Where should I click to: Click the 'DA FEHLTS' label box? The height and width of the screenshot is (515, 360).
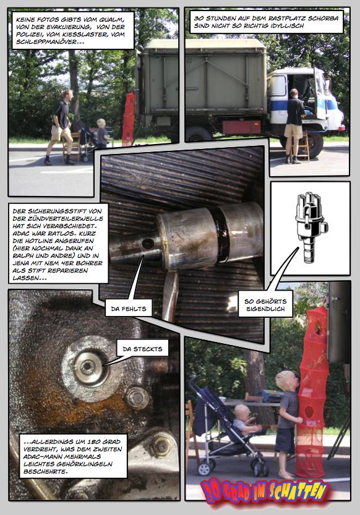[129, 308]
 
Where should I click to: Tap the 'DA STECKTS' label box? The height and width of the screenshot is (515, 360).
[142, 349]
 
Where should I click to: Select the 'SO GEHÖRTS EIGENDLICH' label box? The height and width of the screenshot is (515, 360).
[265, 304]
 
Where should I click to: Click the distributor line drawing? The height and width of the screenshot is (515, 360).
[311, 226]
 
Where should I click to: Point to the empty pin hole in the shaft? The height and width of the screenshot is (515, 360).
[148, 244]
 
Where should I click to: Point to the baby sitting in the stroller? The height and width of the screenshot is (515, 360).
[245, 419]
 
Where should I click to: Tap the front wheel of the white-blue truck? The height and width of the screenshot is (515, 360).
[314, 144]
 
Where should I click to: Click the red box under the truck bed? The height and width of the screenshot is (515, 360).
[241, 127]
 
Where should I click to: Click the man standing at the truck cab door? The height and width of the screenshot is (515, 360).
[294, 126]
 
